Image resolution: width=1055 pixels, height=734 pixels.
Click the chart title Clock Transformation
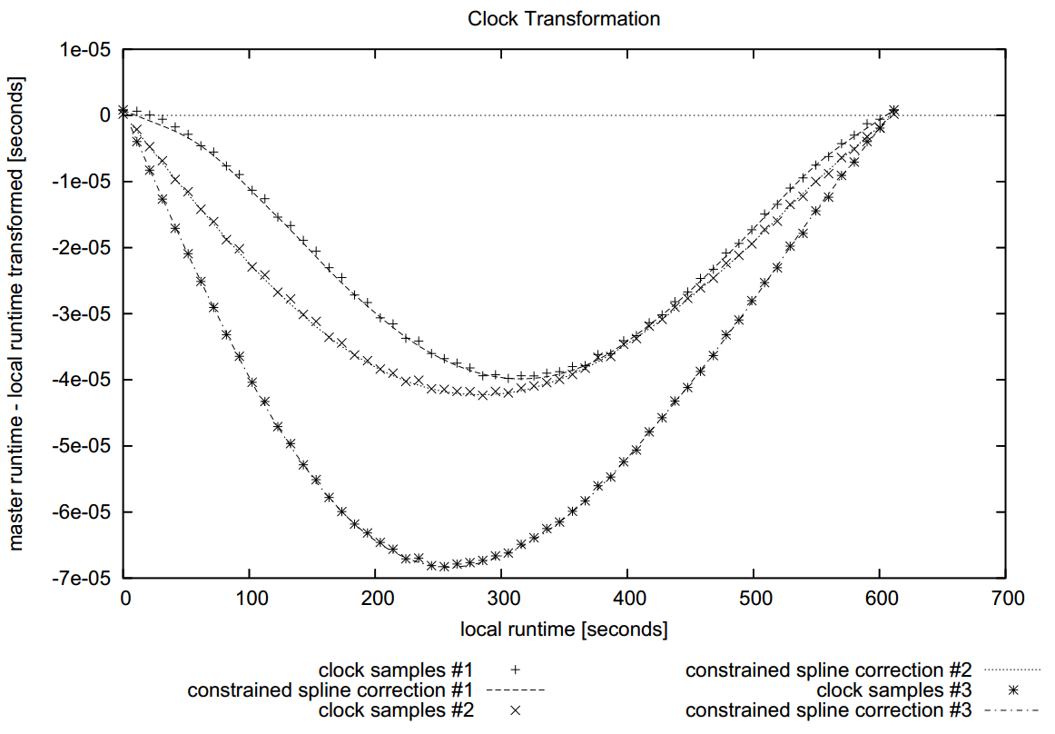563,18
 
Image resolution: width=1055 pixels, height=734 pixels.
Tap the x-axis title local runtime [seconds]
564,629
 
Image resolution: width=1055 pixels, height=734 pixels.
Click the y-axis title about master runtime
16,313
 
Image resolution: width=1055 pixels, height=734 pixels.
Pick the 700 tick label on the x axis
1006,599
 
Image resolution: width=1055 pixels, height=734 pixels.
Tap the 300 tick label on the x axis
502,599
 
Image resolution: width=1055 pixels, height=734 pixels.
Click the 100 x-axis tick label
250,599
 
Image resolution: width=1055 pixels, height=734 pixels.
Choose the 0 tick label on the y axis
105,115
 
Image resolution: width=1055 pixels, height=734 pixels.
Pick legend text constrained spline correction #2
829,670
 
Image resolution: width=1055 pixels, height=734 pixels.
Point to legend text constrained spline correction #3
829,710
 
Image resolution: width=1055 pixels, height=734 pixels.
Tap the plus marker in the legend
516,670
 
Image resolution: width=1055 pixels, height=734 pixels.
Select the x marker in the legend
516,710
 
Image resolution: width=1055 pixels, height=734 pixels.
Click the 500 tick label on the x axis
754,599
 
